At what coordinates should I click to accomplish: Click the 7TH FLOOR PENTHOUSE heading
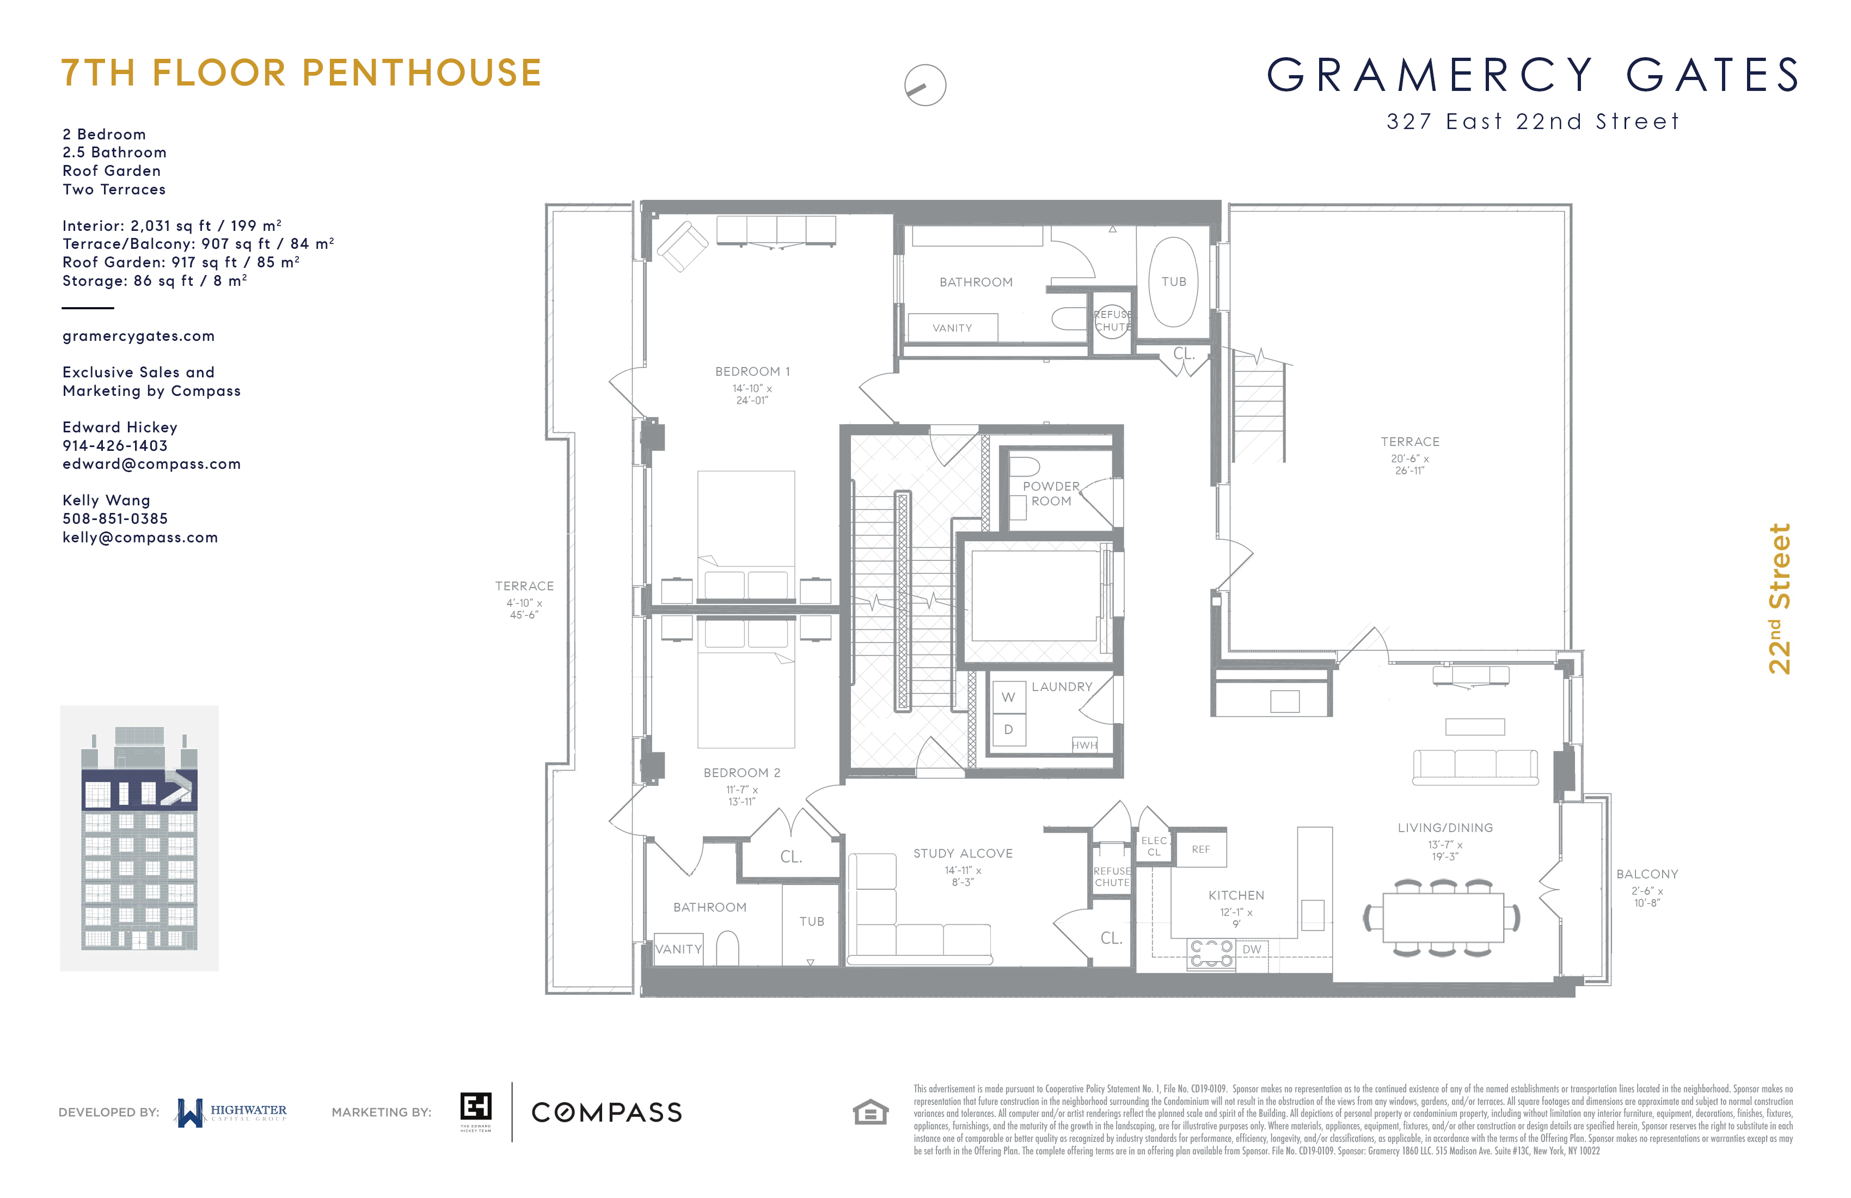pyautogui.click(x=301, y=73)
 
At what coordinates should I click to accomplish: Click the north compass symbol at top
pyautogui.click(x=925, y=85)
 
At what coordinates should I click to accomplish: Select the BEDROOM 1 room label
pyautogui.click(x=751, y=372)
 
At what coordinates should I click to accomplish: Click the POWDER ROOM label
pyautogui.click(x=1051, y=493)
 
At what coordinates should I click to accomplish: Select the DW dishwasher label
pyautogui.click(x=1252, y=949)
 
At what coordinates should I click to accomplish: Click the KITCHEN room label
pyautogui.click(x=1236, y=895)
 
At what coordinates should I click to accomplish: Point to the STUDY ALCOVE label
pyautogui.click(x=963, y=853)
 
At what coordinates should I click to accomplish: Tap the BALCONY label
pyautogui.click(x=1646, y=875)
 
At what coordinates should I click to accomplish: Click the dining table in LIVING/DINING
pyautogui.click(x=1443, y=918)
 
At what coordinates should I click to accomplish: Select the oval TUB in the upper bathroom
pyautogui.click(x=1174, y=282)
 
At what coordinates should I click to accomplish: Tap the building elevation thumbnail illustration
pyautogui.click(x=139, y=838)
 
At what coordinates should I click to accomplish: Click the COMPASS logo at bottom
pyautogui.click(x=606, y=1113)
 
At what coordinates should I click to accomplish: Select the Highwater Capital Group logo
pyautogui.click(x=232, y=1113)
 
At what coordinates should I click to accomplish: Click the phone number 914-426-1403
pyautogui.click(x=115, y=446)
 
